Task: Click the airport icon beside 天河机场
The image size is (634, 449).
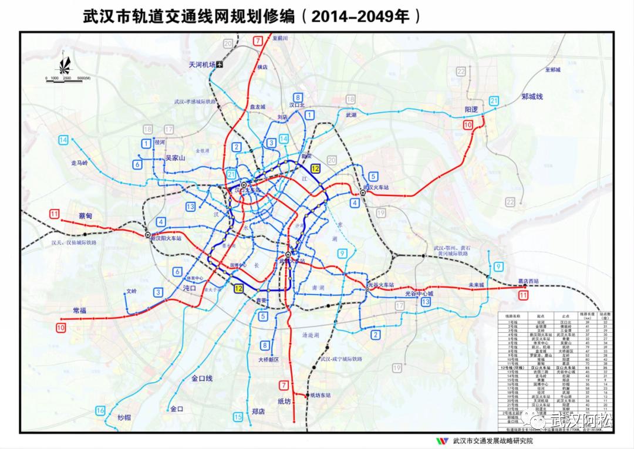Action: click(x=220, y=65)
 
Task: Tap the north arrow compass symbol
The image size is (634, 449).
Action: click(x=66, y=62)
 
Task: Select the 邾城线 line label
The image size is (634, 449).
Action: click(x=533, y=96)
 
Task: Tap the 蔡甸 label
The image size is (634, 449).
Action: click(x=86, y=216)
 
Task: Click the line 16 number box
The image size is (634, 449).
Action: click(x=100, y=410)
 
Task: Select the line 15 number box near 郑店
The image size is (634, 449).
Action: click(x=238, y=417)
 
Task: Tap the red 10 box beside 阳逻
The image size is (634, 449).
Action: click(x=468, y=124)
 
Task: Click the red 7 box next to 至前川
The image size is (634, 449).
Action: click(x=258, y=40)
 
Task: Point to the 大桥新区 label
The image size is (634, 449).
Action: click(x=268, y=359)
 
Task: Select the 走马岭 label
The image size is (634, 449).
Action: click(x=79, y=163)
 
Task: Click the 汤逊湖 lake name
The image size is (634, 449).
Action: click(x=310, y=335)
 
